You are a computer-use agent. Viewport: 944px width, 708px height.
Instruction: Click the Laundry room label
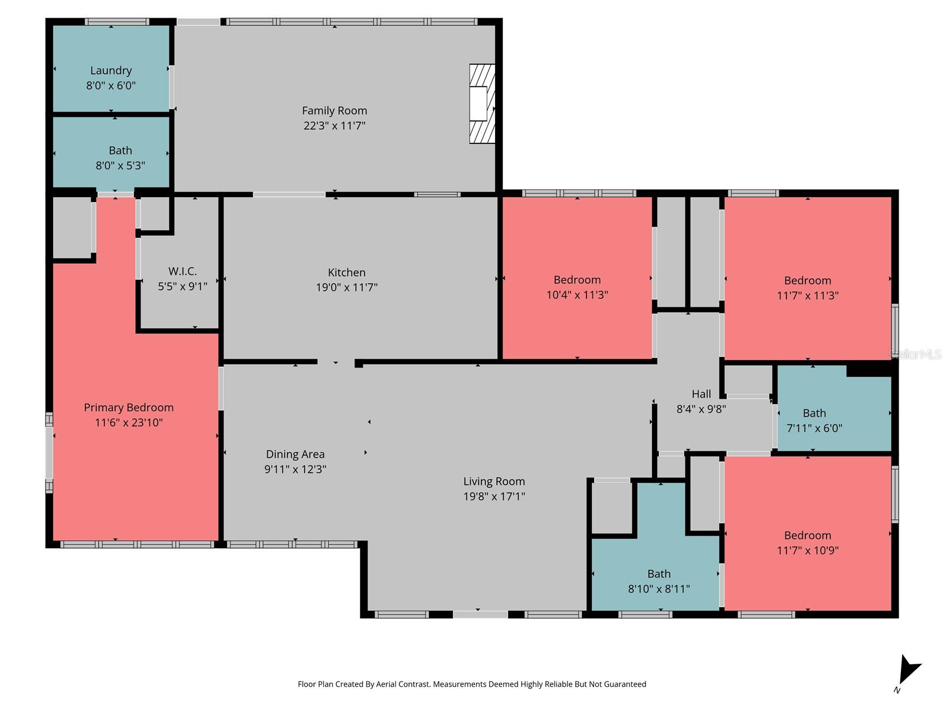(x=111, y=70)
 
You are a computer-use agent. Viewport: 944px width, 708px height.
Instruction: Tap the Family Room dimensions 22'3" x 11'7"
(x=335, y=125)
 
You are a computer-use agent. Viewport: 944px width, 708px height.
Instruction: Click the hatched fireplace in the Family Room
(x=481, y=104)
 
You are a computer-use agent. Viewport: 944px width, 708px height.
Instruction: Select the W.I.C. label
(x=182, y=271)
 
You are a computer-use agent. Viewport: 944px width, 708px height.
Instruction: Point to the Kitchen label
(x=346, y=273)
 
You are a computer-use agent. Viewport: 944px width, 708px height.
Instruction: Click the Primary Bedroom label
(x=129, y=408)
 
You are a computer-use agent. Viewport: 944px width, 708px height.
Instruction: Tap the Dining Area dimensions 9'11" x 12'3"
(x=295, y=469)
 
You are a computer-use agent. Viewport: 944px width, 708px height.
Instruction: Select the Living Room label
(x=494, y=481)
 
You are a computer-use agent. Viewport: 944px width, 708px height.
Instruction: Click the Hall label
(x=701, y=394)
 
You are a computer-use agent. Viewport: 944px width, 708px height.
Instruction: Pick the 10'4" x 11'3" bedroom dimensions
(x=577, y=295)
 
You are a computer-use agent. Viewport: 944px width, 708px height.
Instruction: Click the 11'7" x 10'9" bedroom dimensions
(x=807, y=550)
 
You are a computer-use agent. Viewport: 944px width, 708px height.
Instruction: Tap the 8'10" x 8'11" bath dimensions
(x=658, y=589)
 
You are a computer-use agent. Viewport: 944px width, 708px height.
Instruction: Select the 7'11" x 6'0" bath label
(x=814, y=413)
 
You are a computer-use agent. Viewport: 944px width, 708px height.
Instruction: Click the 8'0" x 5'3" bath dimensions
(x=120, y=166)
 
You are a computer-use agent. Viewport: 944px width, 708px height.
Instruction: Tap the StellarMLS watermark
(x=916, y=354)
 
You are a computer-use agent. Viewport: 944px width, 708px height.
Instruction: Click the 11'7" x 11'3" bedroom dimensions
(x=807, y=296)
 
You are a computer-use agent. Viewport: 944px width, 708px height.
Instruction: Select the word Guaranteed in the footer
(x=625, y=684)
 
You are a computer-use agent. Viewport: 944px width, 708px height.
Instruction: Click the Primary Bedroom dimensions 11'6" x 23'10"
(x=129, y=422)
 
